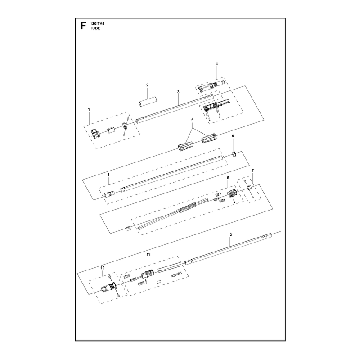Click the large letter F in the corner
pos(83,26)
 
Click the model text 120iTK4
pos(96,24)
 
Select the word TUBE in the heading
pos(95,28)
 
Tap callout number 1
pos(89,109)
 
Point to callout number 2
pos(148,85)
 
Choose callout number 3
pos(178,92)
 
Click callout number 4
pos(216,63)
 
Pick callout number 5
pos(193,120)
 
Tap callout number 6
pos(233,136)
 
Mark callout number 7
pos(252,171)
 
